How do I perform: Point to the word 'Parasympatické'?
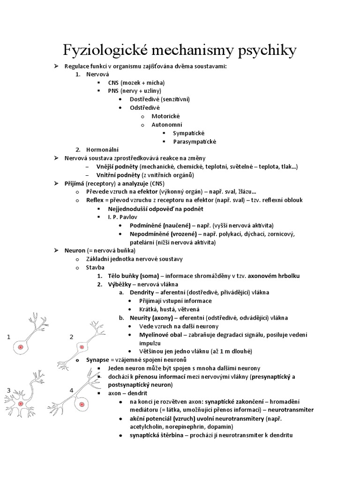pyautogui.click(x=195, y=141)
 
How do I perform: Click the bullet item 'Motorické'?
pyautogui.click(x=165, y=116)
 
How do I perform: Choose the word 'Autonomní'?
pyautogui.click(x=167, y=124)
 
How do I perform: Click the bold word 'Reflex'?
pyautogui.click(x=94, y=200)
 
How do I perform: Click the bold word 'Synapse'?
pyautogui.click(x=97, y=360)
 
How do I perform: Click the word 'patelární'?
pyautogui.click(x=144, y=242)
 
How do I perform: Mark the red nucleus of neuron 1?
pyautogui.click(x=20, y=347)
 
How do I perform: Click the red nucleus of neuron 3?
pyautogui.click(x=20, y=403)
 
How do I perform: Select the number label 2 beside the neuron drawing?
pyautogui.click(x=72, y=337)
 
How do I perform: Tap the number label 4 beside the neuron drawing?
pyautogui.click(x=72, y=390)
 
